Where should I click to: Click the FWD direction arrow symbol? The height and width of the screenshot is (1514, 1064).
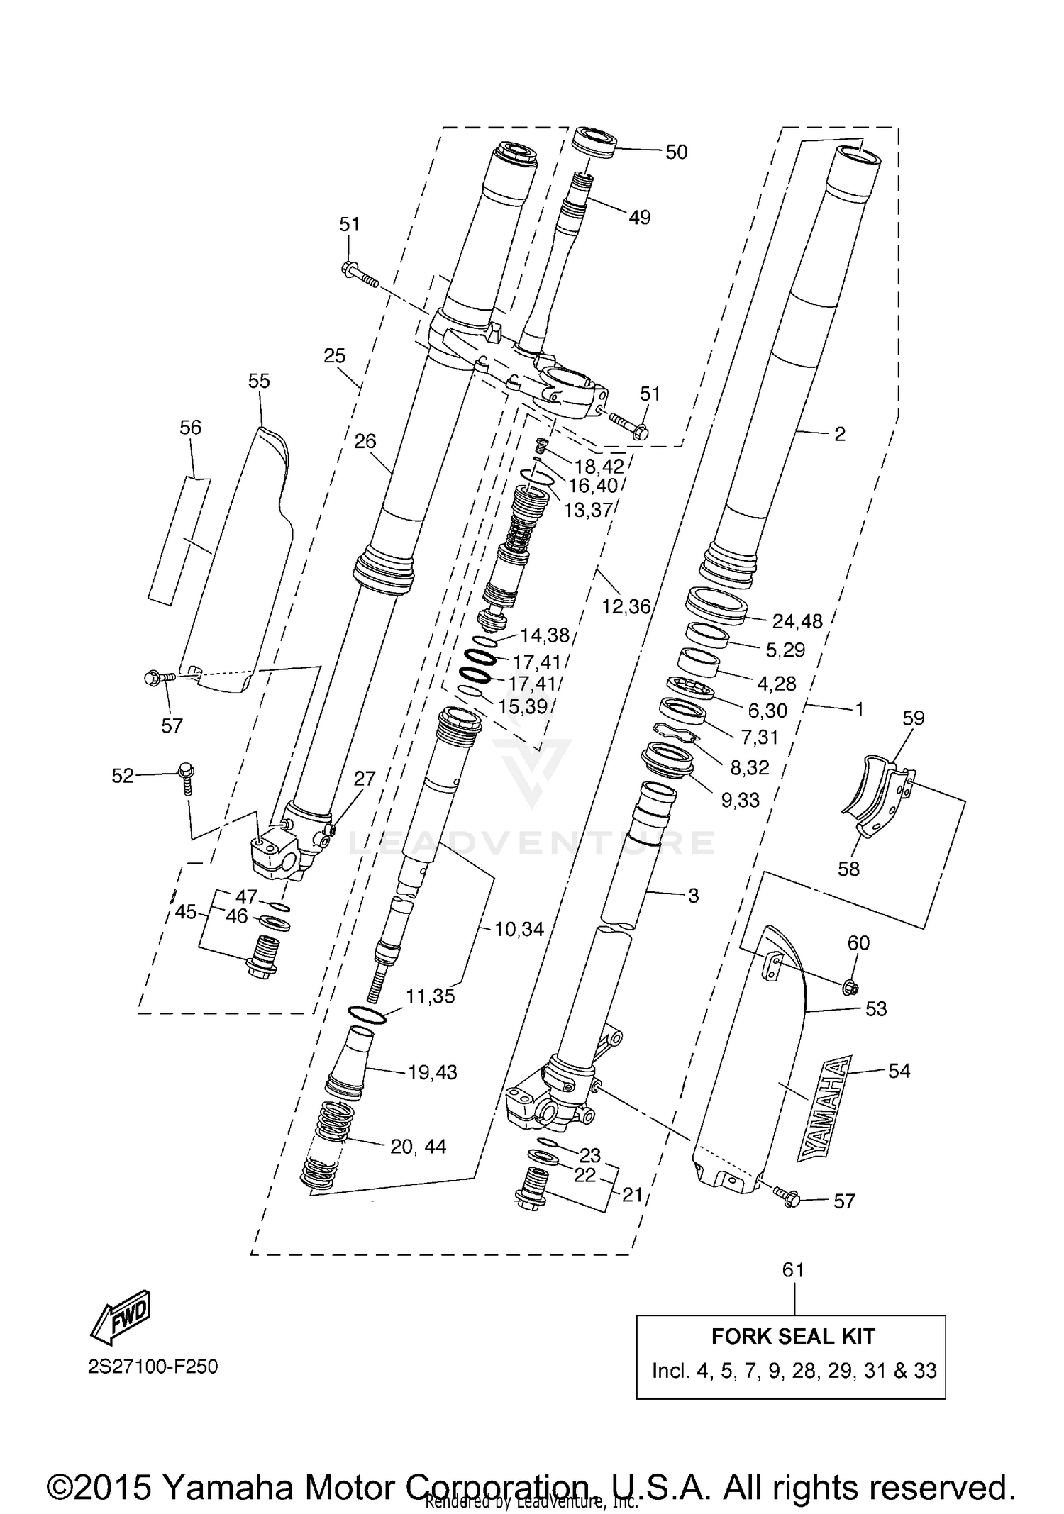click(x=121, y=1315)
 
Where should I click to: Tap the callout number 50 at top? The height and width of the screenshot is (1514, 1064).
click(x=676, y=152)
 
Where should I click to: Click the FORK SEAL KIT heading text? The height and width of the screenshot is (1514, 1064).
click(x=792, y=1336)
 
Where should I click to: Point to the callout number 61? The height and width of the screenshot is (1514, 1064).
click(x=792, y=1269)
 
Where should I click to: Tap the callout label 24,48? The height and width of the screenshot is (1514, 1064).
click(x=797, y=621)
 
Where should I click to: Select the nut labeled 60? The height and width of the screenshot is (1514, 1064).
click(x=852, y=986)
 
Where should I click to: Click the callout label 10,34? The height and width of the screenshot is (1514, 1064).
click(x=519, y=928)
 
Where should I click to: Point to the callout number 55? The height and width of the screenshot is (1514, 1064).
click(x=259, y=382)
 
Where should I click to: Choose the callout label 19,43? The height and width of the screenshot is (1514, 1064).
click(x=432, y=1072)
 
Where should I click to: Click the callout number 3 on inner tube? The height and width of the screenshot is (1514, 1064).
click(x=693, y=896)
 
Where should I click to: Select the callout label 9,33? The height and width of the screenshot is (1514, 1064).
click(x=740, y=800)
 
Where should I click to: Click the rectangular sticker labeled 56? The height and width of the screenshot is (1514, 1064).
click(x=179, y=541)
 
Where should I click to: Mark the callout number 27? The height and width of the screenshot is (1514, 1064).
click(x=364, y=778)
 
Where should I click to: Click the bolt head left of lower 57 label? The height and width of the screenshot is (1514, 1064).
click(x=790, y=1198)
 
